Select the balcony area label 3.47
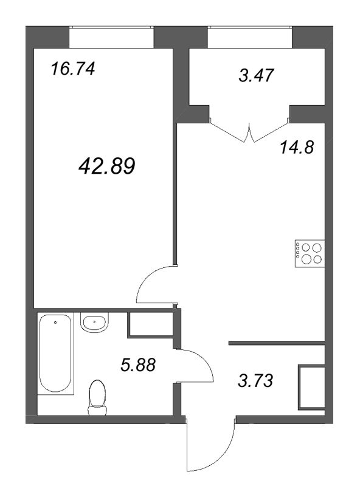click(255, 75)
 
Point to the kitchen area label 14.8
click(297, 147)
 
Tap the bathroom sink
click(94, 322)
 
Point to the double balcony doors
click(249, 132)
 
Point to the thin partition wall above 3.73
click(277, 343)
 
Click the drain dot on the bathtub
click(55, 323)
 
